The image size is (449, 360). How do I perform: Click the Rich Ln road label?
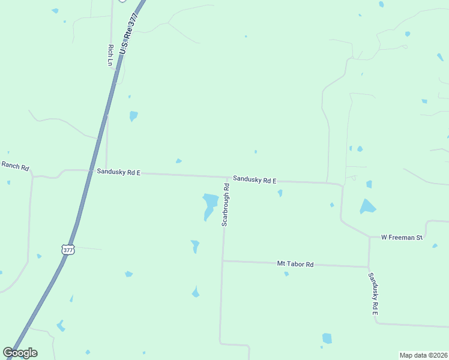110,55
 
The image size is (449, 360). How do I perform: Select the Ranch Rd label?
15,166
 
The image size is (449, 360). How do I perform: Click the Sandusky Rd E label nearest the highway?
118,172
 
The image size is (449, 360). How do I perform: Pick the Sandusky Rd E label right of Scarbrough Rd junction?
255,180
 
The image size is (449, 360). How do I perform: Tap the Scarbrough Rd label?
226,205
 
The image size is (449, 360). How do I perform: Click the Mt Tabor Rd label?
295,264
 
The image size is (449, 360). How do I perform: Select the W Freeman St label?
402,238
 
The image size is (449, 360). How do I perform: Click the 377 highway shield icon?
68,249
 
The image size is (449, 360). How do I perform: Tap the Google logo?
20,353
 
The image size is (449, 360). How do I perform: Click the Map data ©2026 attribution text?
423,355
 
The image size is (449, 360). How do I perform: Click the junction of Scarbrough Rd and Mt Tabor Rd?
223,260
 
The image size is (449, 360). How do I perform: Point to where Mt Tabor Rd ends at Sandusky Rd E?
369,266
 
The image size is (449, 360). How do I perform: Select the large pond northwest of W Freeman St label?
367,206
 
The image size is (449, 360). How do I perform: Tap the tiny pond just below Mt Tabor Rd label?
286,274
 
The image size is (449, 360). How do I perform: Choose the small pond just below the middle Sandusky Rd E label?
280,193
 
